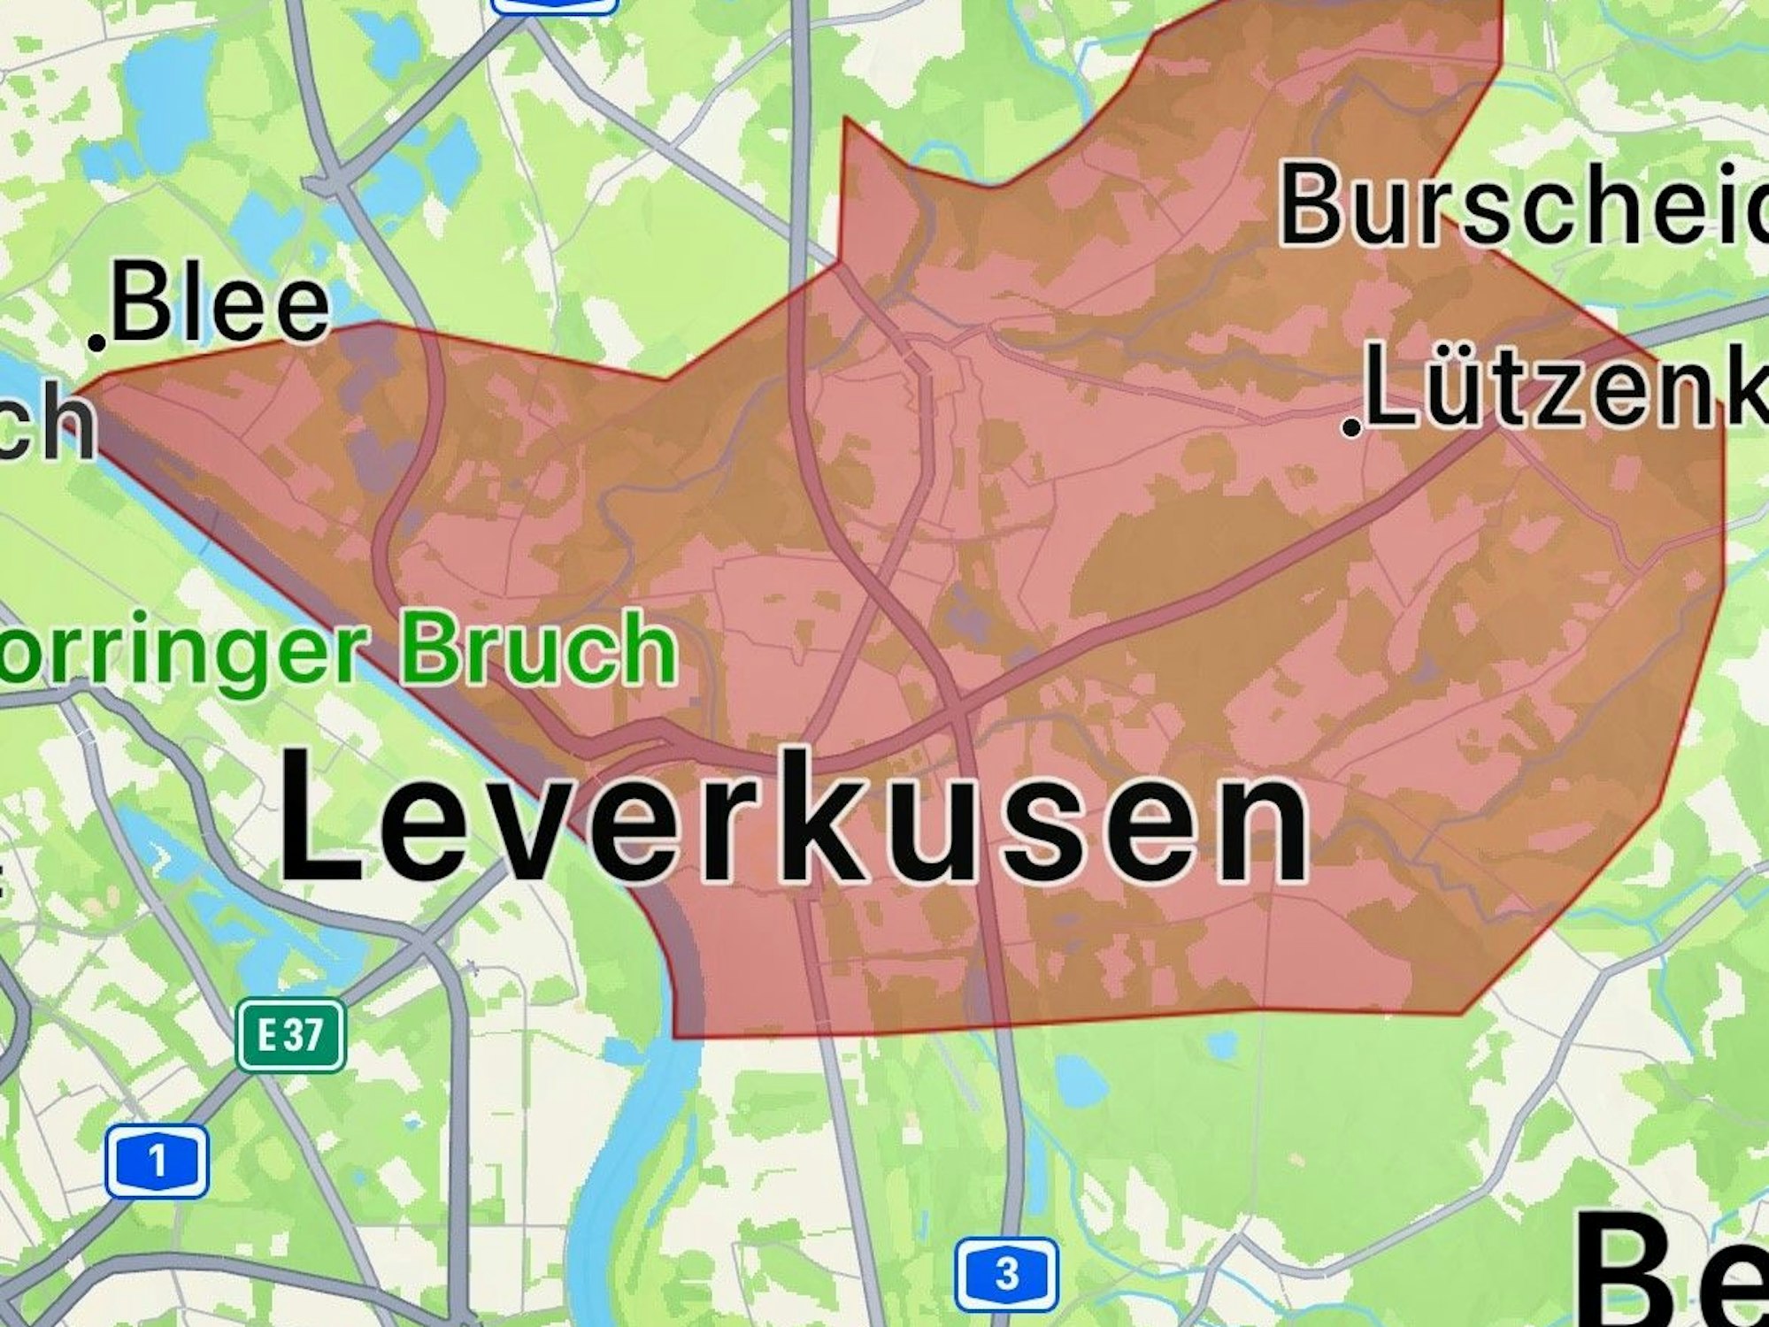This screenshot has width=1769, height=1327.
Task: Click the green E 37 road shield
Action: click(290, 1034)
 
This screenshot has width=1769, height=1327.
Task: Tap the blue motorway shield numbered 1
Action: click(158, 1160)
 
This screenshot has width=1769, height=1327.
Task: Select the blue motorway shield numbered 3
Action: click(1006, 1275)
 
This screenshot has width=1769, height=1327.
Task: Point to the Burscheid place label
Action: click(1522, 206)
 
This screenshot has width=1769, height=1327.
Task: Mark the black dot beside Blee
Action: click(98, 341)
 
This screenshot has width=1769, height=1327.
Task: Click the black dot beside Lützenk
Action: click(1351, 428)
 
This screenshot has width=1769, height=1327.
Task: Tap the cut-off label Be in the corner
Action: click(1673, 1274)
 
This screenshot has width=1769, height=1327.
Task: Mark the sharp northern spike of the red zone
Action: click(846, 122)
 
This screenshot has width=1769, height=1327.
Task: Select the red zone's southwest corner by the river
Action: click(676, 1035)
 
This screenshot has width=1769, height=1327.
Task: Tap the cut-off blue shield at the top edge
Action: click(554, 6)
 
